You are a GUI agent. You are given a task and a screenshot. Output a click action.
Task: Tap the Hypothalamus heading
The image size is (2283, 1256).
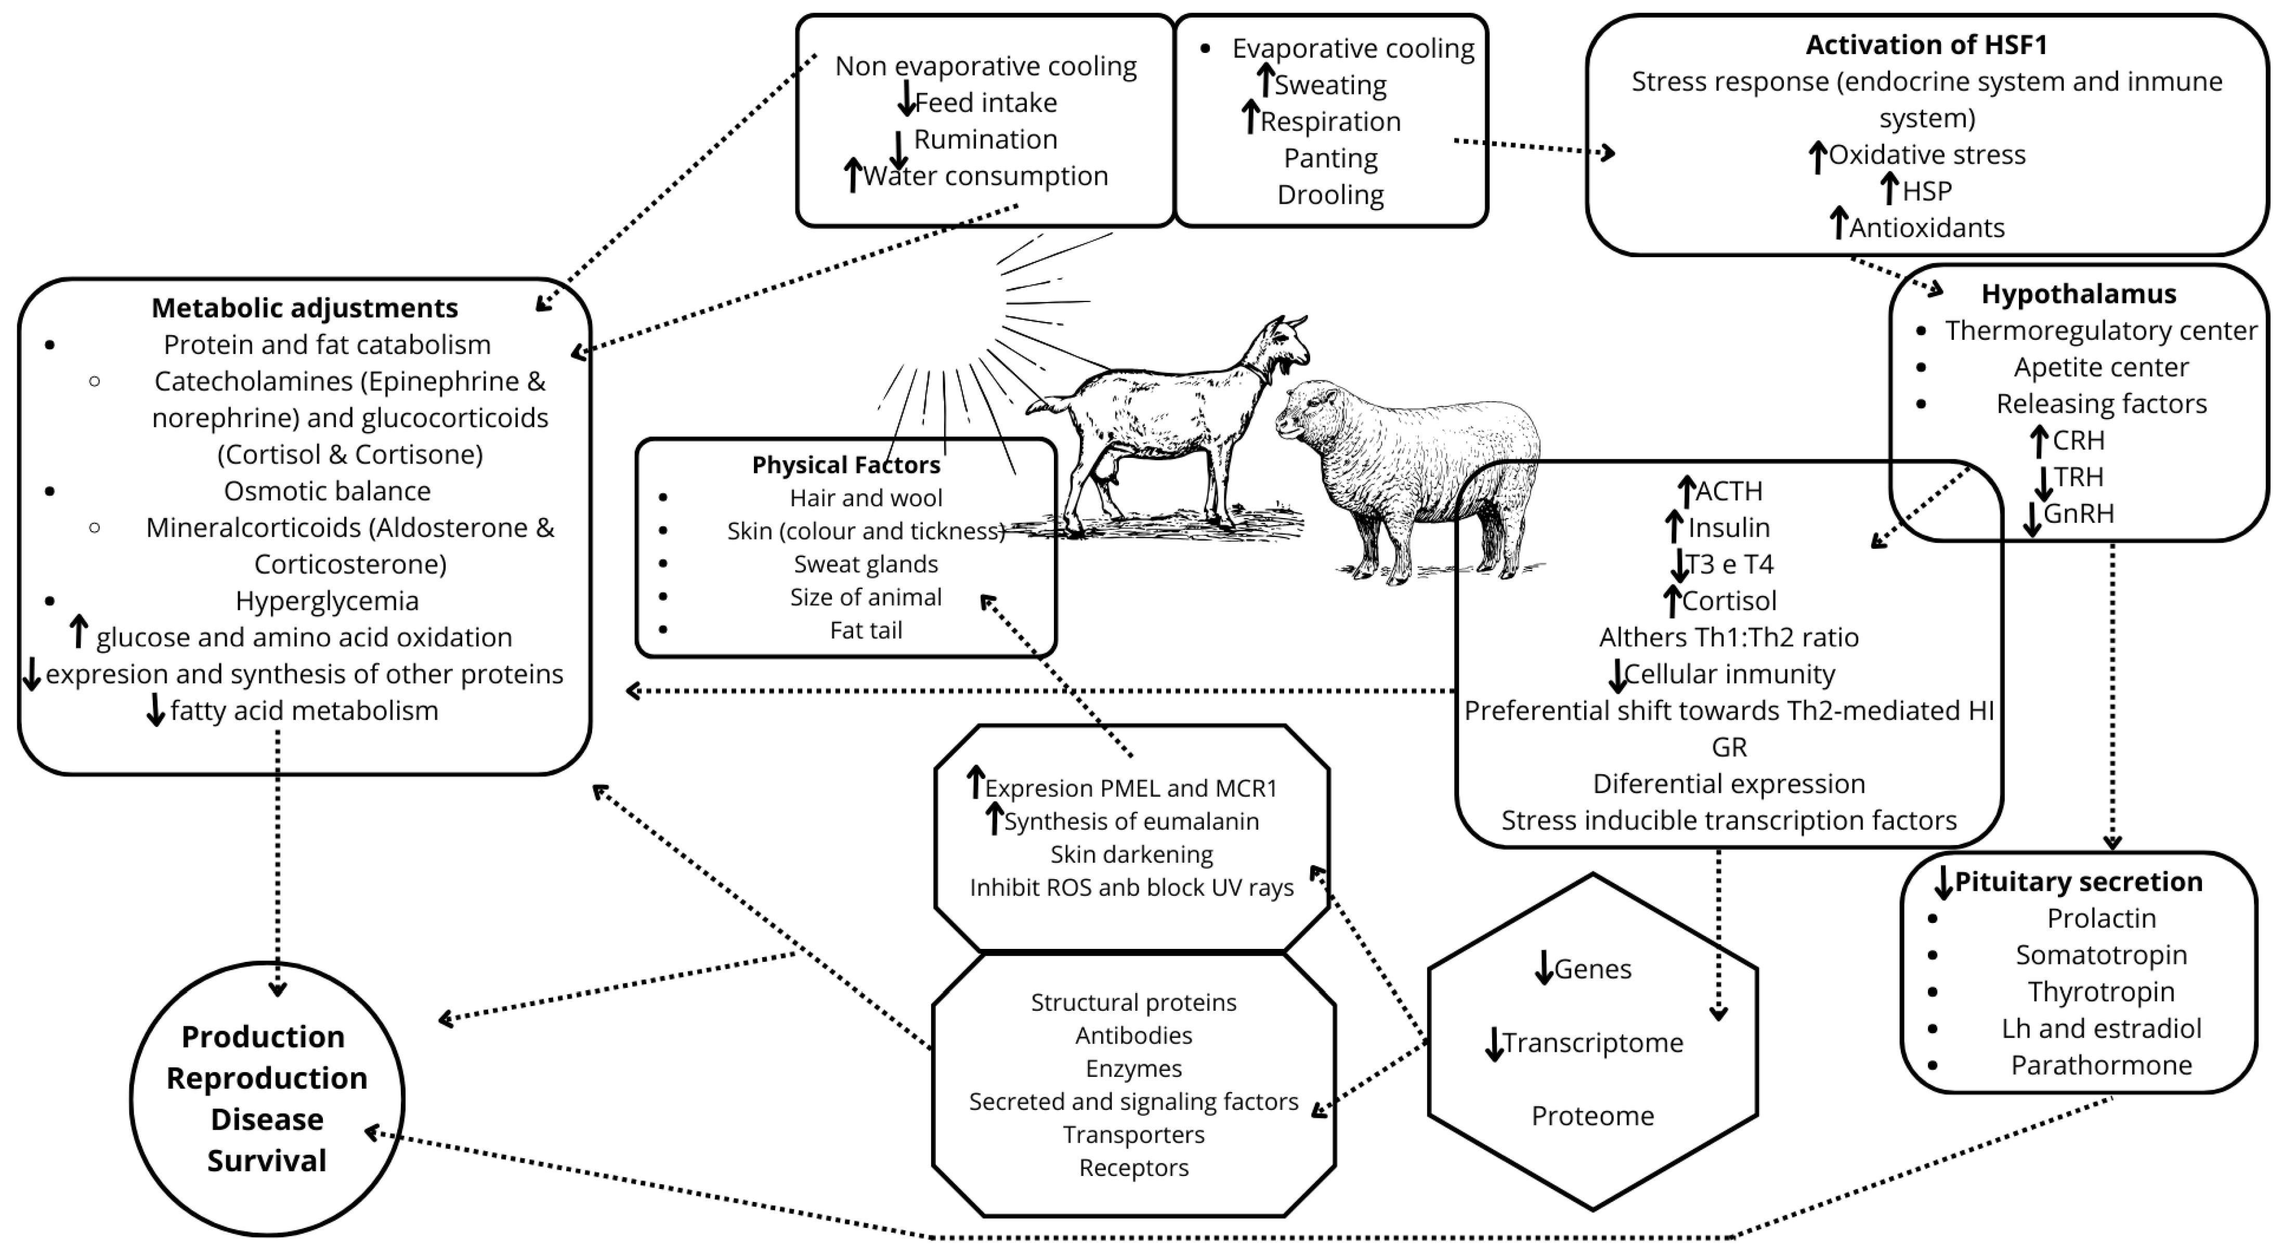point(2078,293)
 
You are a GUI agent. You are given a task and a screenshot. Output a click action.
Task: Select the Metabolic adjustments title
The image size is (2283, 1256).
point(304,307)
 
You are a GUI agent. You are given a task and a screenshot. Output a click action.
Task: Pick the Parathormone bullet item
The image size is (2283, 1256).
point(2101,1065)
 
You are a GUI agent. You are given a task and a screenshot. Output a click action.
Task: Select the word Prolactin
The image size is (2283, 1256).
point(2101,919)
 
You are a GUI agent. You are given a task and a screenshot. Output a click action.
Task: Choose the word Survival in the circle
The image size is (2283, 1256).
point(267,1160)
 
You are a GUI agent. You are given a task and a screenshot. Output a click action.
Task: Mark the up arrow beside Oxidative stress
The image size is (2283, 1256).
point(1817,156)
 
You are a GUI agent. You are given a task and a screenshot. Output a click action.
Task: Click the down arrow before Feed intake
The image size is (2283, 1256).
point(905,99)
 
